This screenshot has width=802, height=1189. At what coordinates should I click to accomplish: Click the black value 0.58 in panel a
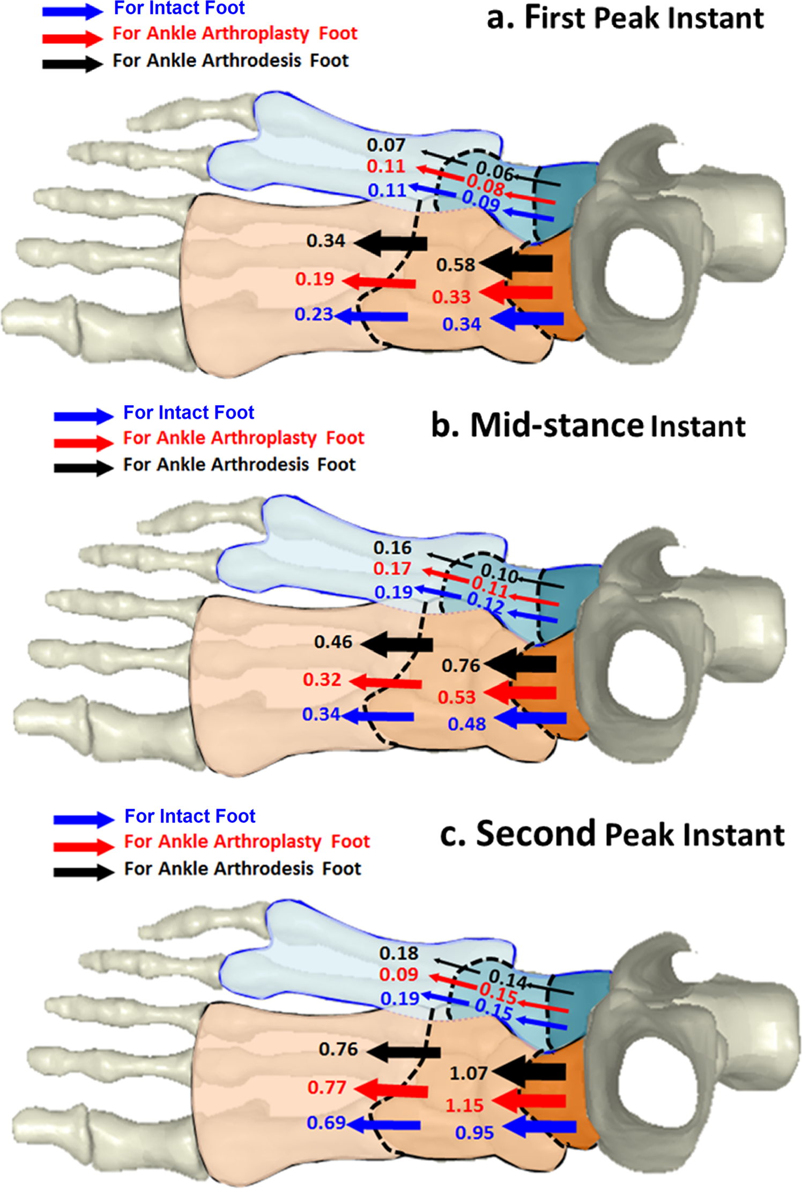[x=455, y=265]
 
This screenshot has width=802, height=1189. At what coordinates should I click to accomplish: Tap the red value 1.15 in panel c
[x=464, y=1105]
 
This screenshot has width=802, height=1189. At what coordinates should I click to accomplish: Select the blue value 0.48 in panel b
[x=466, y=724]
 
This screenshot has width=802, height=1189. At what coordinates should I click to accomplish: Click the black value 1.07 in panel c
[x=468, y=1073]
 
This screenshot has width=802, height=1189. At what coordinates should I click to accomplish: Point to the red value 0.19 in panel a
[x=314, y=279]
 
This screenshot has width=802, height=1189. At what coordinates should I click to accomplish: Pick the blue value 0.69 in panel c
[x=325, y=1122]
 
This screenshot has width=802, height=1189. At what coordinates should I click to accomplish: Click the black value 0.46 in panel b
[x=333, y=641]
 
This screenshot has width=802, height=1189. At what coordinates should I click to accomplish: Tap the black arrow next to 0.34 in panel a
[x=391, y=243]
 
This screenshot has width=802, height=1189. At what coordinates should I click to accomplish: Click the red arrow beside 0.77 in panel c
[x=391, y=1089]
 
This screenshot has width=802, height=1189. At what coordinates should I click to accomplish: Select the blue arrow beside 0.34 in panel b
[x=378, y=716]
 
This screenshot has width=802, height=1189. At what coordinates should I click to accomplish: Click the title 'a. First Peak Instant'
[x=625, y=18]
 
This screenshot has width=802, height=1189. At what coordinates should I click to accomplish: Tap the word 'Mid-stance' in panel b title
[x=556, y=425]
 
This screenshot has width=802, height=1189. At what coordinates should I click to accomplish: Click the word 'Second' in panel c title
[x=536, y=834]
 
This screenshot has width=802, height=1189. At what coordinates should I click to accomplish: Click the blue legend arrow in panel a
[x=72, y=11]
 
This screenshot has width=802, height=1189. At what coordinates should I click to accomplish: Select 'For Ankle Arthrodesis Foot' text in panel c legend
[x=242, y=868]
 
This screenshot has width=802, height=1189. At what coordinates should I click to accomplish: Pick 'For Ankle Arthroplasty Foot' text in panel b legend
[x=243, y=438]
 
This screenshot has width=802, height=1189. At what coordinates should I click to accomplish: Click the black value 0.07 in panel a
[x=385, y=145]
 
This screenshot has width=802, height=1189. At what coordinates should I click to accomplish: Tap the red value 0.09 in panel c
[x=398, y=974]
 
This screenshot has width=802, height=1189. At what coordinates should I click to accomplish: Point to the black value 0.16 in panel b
[x=392, y=548]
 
